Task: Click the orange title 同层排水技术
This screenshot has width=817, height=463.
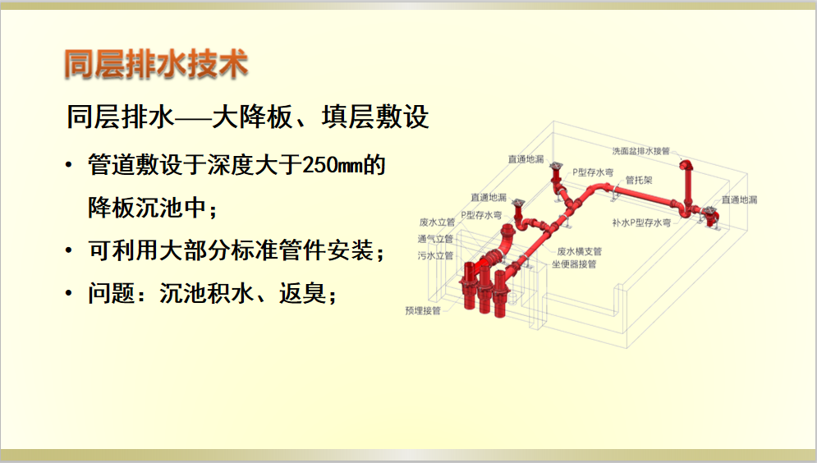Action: point(156,64)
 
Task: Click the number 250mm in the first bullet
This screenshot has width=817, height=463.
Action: point(332,165)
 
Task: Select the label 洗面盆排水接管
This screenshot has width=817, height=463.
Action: point(640,151)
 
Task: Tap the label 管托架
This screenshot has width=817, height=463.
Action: point(639,181)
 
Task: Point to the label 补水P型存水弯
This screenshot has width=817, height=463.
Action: point(641,223)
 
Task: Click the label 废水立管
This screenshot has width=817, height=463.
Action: point(437,222)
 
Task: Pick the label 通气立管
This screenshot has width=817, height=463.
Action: point(435,239)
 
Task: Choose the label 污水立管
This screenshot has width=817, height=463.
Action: point(435,256)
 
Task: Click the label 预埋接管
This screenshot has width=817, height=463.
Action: point(423,311)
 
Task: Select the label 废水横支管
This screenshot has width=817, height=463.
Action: point(580,251)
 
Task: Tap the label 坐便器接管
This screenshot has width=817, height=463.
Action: point(574,264)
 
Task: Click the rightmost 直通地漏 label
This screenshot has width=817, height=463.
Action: point(739,200)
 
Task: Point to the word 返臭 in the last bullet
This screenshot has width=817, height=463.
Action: point(302,293)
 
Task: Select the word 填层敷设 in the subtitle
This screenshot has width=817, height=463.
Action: point(375,117)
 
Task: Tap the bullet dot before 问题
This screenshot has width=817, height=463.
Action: point(69,294)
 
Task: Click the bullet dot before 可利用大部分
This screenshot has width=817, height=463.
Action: point(69,251)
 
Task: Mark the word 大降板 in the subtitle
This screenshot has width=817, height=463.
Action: point(252,117)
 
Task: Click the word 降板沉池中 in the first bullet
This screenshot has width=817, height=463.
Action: point(148,208)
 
